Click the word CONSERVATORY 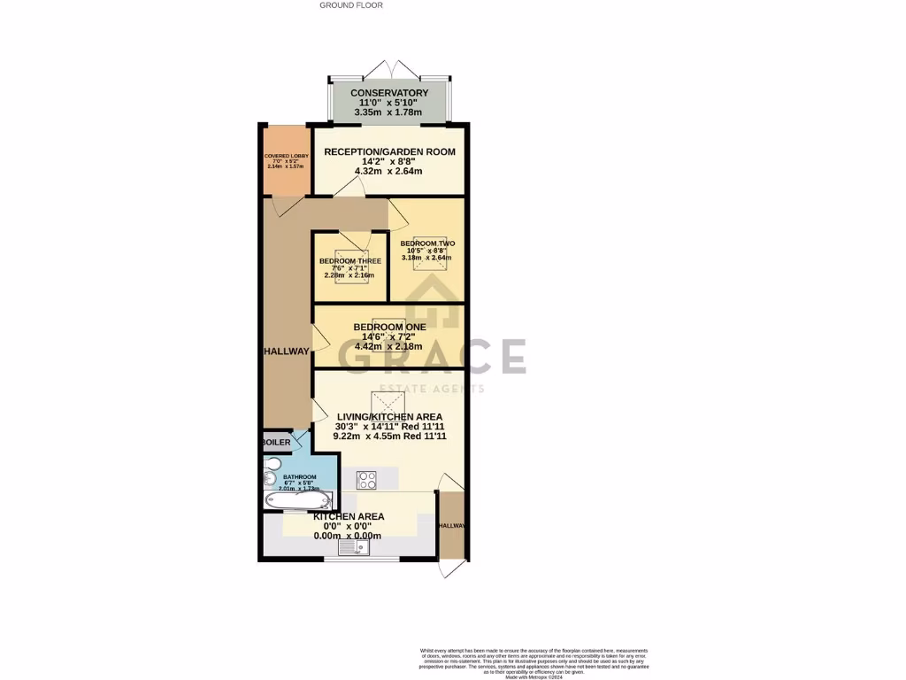pyautogui.click(x=389, y=93)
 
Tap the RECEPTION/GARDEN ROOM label pyautogui.click(x=389, y=151)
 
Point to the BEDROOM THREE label pyautogui.click(x=350, y=261)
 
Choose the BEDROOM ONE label pyautogui.click(x=389, y=327)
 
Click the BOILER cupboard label pyautogui.click(x=275, y=442)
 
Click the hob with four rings pyautogui.click(x=367, y=480)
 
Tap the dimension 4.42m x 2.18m pyautogui.click(x=389, y=347)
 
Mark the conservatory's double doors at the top pyautogui.click(x=389, y=70)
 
